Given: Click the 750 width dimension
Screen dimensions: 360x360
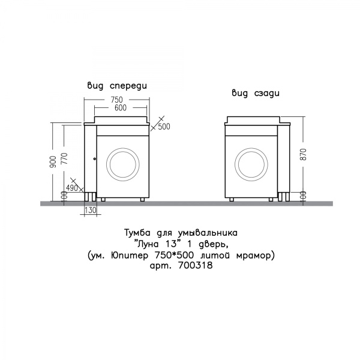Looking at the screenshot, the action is coord(117,100).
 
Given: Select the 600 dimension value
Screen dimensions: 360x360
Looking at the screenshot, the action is coord(121,107).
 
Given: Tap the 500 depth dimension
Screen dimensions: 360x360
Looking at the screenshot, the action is coord(164,127).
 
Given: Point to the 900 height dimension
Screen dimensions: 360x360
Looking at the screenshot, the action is coord(53,161).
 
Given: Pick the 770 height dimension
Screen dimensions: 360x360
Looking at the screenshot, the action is coord(65,158).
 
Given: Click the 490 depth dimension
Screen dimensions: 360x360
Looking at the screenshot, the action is coord(72,188).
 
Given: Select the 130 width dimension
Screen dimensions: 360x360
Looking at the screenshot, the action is coord(91,210).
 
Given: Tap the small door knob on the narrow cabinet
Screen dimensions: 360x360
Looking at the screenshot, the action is coord(94,158).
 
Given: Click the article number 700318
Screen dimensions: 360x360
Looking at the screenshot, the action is coord(195,266).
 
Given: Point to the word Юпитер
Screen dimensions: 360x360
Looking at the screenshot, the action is coord(130,256).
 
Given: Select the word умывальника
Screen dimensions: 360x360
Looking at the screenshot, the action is coord(208,234).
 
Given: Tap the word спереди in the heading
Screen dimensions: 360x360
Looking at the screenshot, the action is coord(128,86).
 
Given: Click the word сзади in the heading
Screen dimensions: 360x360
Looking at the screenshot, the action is coord(267,94).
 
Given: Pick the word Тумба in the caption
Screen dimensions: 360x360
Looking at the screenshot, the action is coord(137,233).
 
